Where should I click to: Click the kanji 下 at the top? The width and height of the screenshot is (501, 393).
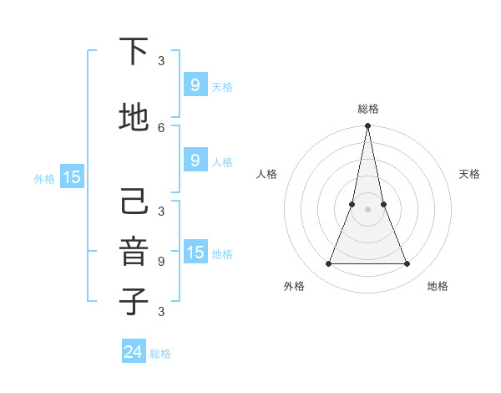pyautogui.click(x=134, y=52)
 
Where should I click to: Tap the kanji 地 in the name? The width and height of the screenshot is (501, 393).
pyautogui.click(x=134, y=118)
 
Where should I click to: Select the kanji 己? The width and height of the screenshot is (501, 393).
pyautogui.click(x=134, y=202)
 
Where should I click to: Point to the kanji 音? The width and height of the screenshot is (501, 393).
pyautogui.click(x=134, y=252)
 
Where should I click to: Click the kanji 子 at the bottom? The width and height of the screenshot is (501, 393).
pyautogui.click(x=134, y=302)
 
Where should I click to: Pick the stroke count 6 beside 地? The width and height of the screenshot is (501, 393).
pyautogui.click(x=161, y=127)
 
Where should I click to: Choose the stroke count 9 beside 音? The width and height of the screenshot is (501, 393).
pyautogui.click(x=161, y=261)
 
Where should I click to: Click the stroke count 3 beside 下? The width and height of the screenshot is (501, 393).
pyautogui.click(x=161, y=60)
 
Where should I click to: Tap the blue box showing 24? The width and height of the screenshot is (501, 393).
pyautogui.click(x=134, y=352)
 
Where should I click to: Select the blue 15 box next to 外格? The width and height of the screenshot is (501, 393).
pyautogui.click(x=71, y=176)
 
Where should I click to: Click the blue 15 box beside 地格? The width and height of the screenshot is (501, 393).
pyautogui.click(x=195, y=253)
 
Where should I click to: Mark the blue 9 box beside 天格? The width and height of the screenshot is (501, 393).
pyautogui.click(x=195, y=85)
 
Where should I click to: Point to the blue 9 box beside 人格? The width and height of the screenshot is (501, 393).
pyautogui.click(x=195, y=161)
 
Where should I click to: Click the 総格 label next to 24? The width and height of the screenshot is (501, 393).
pyautogui.click(x=160, y=354)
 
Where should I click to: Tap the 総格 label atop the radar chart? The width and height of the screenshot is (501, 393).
pyautogui.click(x=367, y=109)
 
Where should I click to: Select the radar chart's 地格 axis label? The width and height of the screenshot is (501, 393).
pyautogui.click(x=438, y=286)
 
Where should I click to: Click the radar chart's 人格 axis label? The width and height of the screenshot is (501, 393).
pyautogui.click(x=266, y=174)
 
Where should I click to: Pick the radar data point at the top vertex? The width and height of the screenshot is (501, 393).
pyautogui.click(x=367, y=126)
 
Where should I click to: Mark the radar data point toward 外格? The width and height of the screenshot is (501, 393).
pyautogui.click(x=328, y=264)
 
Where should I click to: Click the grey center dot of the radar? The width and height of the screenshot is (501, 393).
pyautogui.click(x=367, y=209)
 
